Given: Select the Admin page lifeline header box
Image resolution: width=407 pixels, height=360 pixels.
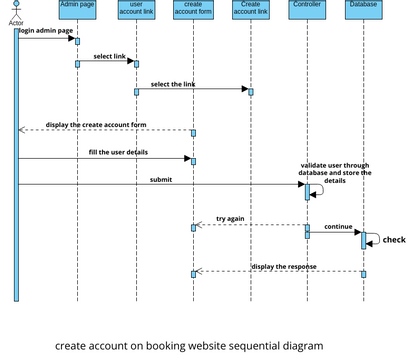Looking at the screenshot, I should click(77, 10).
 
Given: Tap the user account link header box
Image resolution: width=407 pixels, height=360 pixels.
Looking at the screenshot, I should click(136, 10).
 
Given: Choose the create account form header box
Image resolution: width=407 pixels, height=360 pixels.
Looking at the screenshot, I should click(193, 10).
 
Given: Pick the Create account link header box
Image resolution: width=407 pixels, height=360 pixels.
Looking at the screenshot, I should click(250, 10).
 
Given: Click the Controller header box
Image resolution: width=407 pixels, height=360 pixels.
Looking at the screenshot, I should click(306, 6).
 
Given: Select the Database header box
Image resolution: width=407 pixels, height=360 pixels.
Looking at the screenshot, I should click(363, 6).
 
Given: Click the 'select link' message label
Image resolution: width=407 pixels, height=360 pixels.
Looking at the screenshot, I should click(109, 57).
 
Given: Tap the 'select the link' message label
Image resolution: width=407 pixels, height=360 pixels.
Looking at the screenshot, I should click(173, 84).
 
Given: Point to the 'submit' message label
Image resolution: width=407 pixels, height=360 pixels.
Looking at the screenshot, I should click(160, 179).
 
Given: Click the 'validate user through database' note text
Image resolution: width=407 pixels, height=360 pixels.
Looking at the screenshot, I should click(335, 171).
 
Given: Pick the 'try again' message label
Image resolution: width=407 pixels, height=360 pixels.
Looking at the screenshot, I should click(230, 218).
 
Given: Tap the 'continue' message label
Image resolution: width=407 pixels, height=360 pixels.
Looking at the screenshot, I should click(338, 226).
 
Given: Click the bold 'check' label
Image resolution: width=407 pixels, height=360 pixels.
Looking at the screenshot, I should click(394, 240).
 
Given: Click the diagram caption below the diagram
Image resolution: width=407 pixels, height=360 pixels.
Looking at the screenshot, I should click(189, 345).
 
